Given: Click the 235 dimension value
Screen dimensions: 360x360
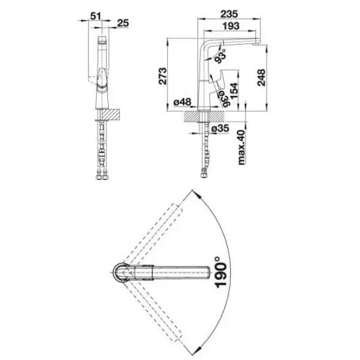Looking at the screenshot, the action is click(229, 14).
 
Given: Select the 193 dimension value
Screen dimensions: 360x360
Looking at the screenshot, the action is click(231, 26).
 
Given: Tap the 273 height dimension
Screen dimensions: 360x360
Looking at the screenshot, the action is click(163, 76).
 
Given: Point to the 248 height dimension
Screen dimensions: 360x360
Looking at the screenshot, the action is click(261, 77).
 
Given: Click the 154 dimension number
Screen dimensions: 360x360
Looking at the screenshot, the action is click(234, 91).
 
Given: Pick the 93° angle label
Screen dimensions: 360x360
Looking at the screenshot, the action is click(220, 56).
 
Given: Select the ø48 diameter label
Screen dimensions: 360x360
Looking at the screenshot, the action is click(182, 102).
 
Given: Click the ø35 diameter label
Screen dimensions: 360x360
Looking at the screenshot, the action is click(220, 128).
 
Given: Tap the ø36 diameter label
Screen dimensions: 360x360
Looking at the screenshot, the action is click(224, 98).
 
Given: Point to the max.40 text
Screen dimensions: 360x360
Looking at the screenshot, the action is click(241, 147).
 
